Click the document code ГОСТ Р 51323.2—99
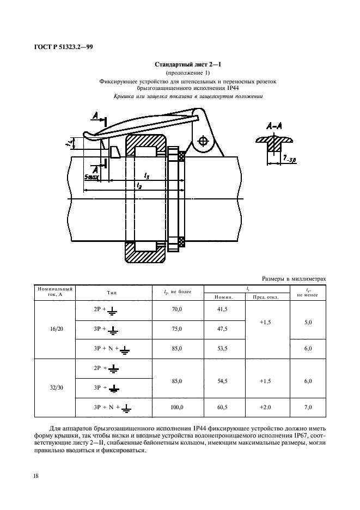coord(63,47)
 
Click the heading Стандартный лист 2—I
coord(188,64)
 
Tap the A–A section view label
coord(274,126)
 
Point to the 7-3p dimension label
coord(289,159)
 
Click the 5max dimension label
coord(91,177)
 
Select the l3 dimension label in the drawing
coord(147,176)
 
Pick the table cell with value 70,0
coord(177,309)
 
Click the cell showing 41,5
coord(222,309)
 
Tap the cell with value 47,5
coord(222,329)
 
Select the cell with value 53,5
coord(222,348)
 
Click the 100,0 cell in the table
coord(177,407)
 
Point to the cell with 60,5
coord(222,407)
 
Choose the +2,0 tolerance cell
coord(265,407)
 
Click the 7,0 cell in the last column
coord(308,407)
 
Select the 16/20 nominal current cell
coord(57,329)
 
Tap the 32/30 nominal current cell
coord(57,388)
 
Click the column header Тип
coord(112,293)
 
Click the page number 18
coord(36,476)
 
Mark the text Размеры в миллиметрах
coord(294,279)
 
